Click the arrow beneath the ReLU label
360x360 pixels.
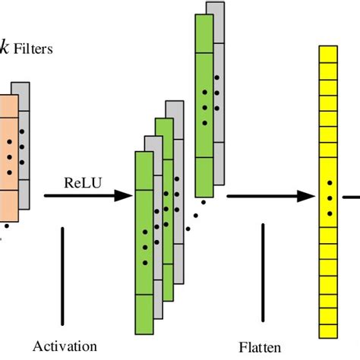(x=84, y=196)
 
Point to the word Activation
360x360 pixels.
(x=65, y=346)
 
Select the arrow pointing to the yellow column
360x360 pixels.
(x=270, y=196)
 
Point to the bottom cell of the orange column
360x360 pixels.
(x=7, y=202)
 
